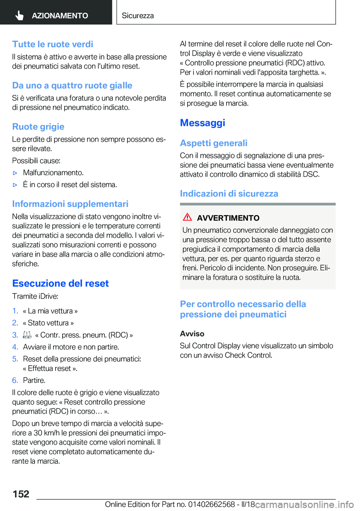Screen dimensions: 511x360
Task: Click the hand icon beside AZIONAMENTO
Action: click(x=19, y=15)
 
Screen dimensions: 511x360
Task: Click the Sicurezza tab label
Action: click(x=138, y=15)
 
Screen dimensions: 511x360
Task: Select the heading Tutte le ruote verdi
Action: click(x=52, y=44)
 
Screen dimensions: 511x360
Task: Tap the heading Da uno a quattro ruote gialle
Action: click(x=72, y=86)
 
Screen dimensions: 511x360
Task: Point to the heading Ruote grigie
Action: click(x=38, y=127)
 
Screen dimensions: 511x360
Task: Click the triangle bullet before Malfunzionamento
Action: click(x=15, y=173)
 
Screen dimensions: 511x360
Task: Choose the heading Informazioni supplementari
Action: click(x=70, y=204)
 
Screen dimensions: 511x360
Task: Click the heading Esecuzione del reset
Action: click(x=60, y=283)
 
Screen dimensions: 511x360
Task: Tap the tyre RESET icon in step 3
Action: click(x=27, y=335)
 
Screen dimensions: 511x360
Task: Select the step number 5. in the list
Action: click(x=15, y=359)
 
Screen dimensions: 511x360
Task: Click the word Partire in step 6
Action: click(x=34, y=380)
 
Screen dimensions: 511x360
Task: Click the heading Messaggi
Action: click(x=202, y=123)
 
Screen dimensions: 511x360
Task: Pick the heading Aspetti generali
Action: click(x=214, y=143)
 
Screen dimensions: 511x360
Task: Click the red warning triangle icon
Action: click(x=187, y=217)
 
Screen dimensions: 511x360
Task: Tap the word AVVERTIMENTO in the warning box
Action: click(x=228, y=218)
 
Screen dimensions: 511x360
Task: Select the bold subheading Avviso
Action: click(x=192, y=334)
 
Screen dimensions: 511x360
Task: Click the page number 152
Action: click(x=21, y=494)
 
